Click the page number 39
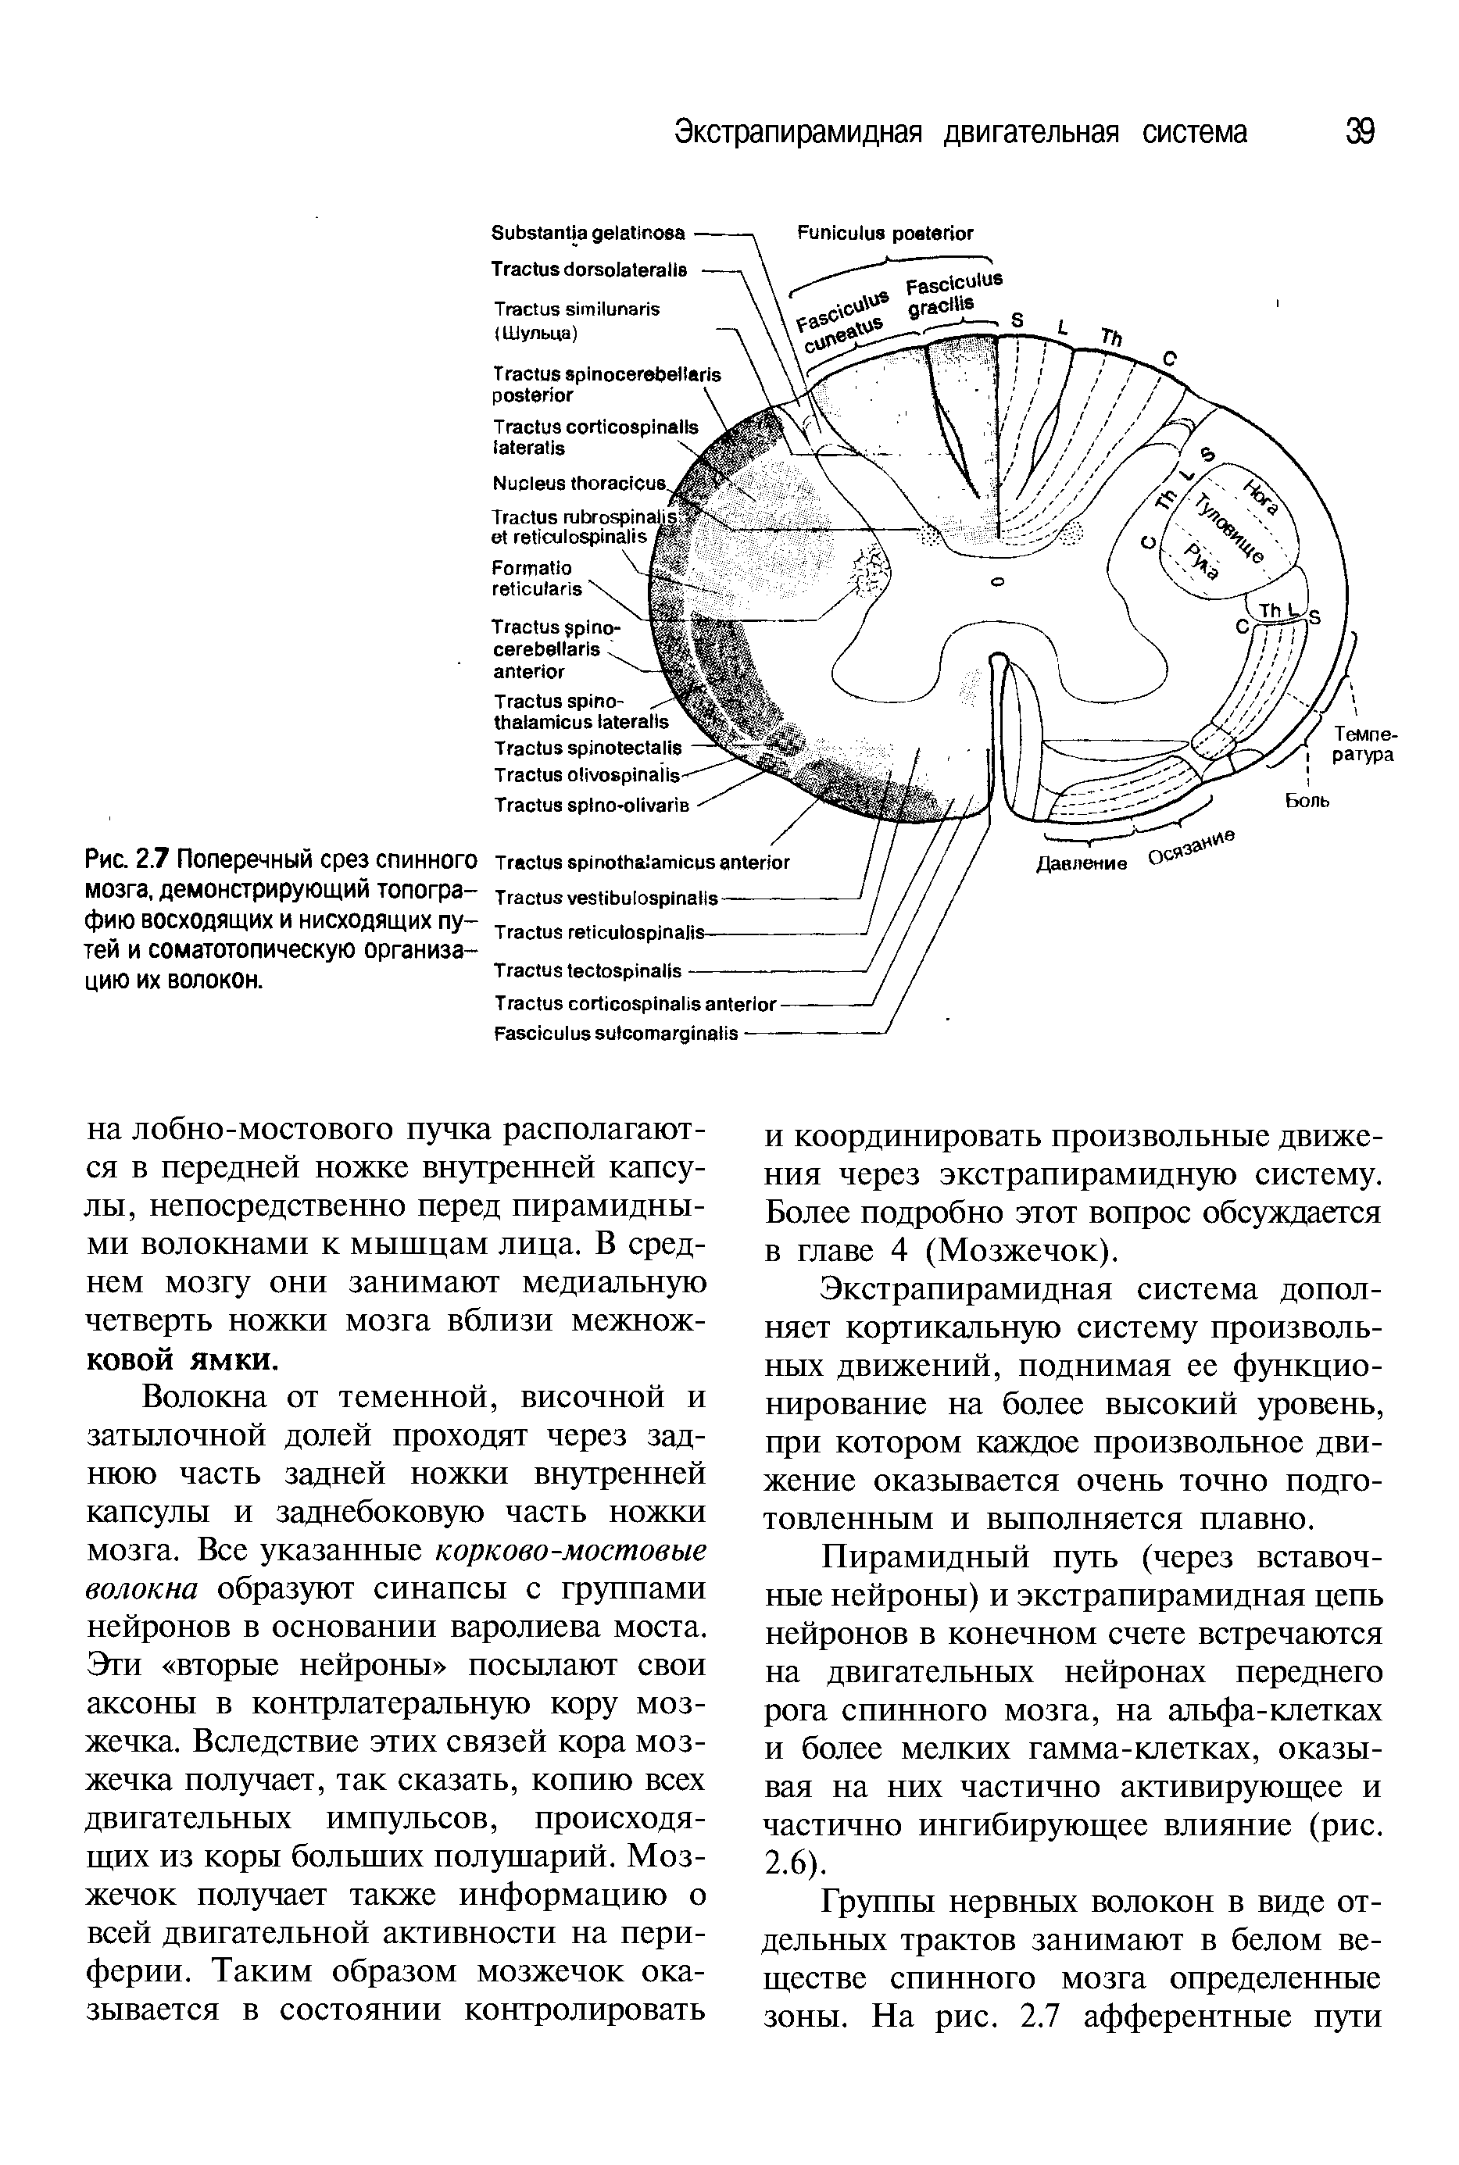[x=1360, y=132]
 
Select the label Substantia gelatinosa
[x=588, y=232]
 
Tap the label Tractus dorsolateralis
[x=589, y=269]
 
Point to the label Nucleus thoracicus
[x=579, y=484]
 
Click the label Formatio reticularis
[x=538, y=577]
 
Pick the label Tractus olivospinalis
[x=586, y=775]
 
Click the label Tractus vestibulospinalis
[x=606, y=899]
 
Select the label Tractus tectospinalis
[x=587, y=971]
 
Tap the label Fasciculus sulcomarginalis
[x=615, y=1033]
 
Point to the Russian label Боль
[x=1307, y=800]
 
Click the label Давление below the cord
[x=1082, y=863]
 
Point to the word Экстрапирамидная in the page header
[x=797, y=132]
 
